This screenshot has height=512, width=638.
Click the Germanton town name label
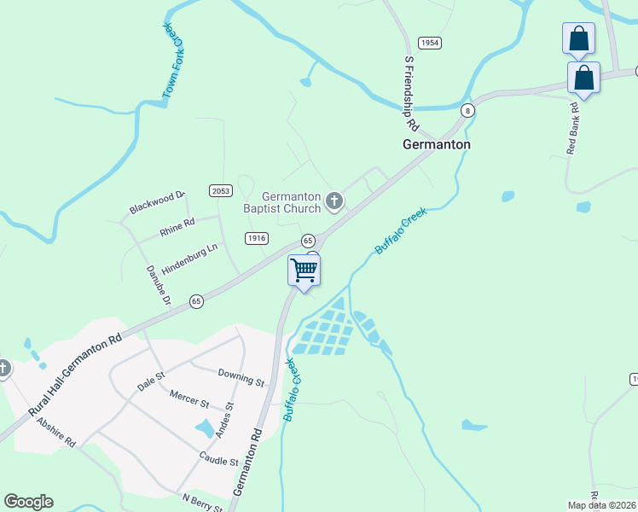[x=436, y=145]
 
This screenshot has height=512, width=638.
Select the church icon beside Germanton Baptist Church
[x=334, y=202]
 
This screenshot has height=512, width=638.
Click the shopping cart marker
[x=304, y=271]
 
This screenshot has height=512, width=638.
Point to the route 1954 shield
[x=429, y=43]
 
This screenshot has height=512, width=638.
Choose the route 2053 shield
[x=220, y=190]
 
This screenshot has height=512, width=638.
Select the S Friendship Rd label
[x=410, y=94]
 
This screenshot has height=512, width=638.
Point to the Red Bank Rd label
[x=573, y=128]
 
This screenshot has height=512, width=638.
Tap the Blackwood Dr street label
[x=157, y=203]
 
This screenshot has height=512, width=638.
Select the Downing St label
[x=241, y=376]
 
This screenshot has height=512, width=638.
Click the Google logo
[x=28, y=502]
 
